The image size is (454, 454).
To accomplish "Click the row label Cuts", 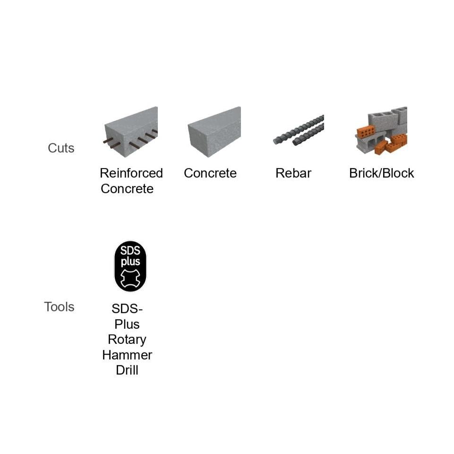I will [61, 148].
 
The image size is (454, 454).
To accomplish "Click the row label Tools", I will [59, 307].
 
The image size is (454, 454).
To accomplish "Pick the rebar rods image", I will [299, 130].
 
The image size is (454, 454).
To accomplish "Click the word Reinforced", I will [131, 173].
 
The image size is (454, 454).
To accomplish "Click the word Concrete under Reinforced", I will [127, 188].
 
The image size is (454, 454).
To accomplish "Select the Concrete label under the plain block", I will [210, 173].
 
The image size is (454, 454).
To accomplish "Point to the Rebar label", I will [293, 173].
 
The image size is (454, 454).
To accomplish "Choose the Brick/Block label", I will [381, 173].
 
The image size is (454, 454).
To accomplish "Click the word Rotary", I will [127, 339].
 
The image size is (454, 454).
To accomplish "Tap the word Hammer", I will [127, 354].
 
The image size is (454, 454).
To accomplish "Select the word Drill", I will [127, 369].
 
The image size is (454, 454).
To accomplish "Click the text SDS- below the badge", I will [127, 309].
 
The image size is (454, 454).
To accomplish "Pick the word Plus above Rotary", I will [127, 324].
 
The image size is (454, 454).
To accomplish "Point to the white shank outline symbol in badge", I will [130, 278].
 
